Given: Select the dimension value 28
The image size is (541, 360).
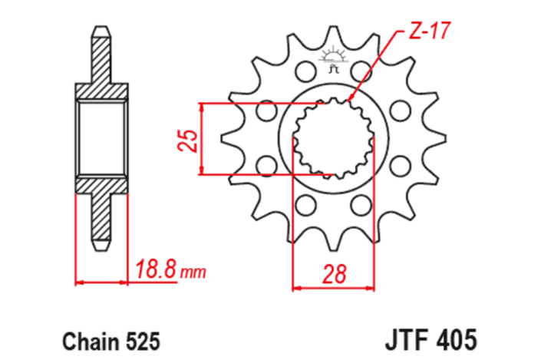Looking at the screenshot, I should [335, 273].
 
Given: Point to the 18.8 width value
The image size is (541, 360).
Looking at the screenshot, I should [157, 269].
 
